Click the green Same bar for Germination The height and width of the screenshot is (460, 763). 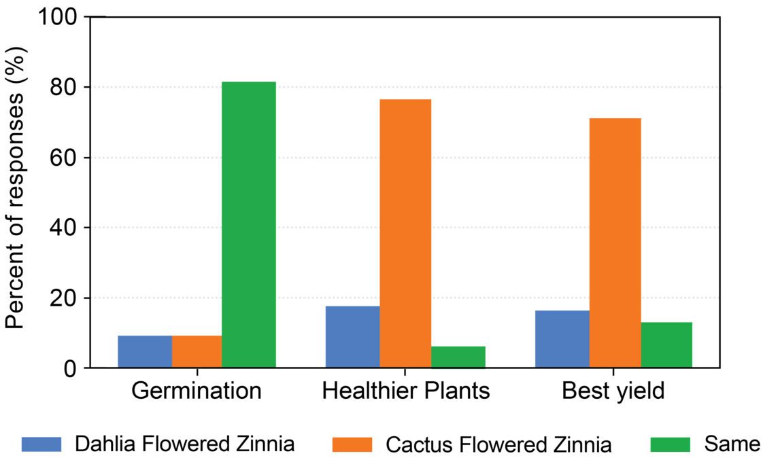248,224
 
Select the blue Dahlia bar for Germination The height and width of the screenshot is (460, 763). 144,351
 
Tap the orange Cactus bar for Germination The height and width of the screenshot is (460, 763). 197,351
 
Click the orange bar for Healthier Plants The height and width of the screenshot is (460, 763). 405,233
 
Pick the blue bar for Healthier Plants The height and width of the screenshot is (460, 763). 352,336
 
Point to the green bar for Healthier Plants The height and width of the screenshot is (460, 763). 458,357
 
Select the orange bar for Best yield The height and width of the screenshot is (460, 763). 615,243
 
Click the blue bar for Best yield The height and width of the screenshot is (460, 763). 562,338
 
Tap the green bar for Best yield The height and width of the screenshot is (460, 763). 666,344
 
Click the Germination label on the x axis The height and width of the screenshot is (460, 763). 197,391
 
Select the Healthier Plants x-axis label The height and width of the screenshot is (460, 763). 405,391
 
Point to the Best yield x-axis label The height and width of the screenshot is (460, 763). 613,391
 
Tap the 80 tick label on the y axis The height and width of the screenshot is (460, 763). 67,87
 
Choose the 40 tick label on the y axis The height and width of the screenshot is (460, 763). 67,228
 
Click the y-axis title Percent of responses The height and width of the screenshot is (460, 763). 15,192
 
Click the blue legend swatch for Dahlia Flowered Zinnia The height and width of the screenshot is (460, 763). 41,444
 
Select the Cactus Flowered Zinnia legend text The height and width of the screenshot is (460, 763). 498,445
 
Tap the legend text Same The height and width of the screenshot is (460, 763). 732,444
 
